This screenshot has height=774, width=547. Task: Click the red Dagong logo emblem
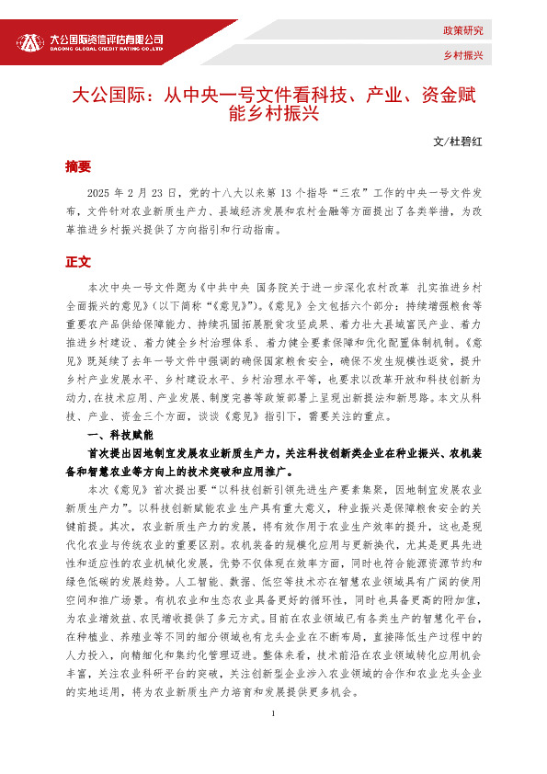pyautogui.click(x=30, y=42)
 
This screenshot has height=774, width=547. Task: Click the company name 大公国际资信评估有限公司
pyautogui.click(x=106, y=39)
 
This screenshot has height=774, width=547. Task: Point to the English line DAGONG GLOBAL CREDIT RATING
pyautogui.click(x=106, y=50)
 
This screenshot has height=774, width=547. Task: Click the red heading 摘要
pyautogui.click(x=78, y=166)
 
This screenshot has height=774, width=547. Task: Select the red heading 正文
pyautogui.click(x=78, y=262)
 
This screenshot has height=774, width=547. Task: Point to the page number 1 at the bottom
pyautogui.click(x=273, y=740)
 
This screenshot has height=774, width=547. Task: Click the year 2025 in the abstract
pyautogui.click(x=98, y=193)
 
